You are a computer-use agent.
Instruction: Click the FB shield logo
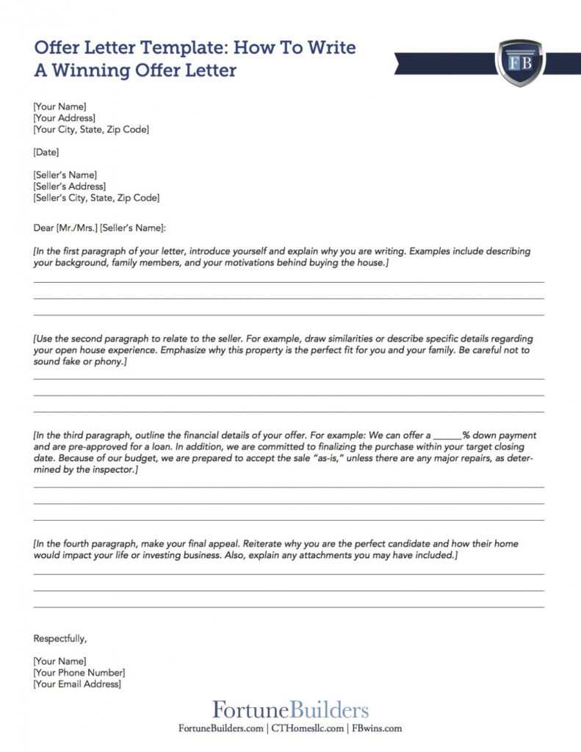point(520,62)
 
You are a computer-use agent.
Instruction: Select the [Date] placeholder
point(46,152)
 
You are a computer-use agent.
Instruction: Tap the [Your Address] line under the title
point(64,118)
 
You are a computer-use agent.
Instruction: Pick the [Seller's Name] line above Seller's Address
point(65,175)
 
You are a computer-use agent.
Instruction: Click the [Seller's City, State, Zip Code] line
point(96,198)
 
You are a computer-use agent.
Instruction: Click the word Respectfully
point(60,638)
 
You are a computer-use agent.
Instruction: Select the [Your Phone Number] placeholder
point(79,673)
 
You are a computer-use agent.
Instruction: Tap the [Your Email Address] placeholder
point(77,684)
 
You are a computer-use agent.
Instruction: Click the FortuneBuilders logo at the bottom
point(291,710)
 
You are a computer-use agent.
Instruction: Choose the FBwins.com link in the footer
point(377,728)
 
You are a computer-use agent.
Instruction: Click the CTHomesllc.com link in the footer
point(308,728)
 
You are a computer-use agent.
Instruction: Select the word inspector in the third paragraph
point(112,469)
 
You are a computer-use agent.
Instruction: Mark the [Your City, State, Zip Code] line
point(91,129)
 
